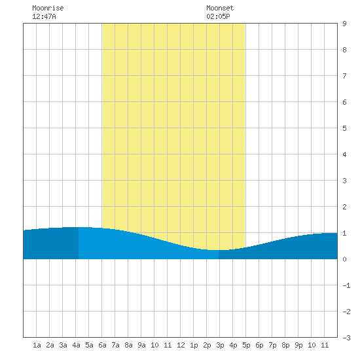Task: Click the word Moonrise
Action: [48, 8]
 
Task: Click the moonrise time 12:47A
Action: [44, 16]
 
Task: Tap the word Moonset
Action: [220, 8]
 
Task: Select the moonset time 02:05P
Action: [218, 16]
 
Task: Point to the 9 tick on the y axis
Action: [344, 24]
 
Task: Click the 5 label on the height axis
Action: [344, 128]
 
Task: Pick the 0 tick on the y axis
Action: [344, 259]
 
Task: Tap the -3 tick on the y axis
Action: [346, 338]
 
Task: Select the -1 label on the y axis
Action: [346, 285]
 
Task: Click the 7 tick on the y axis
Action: [344, 76]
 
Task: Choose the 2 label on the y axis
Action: [344, 207]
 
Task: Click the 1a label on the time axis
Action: [37, 345]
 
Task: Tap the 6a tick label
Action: [102, 345]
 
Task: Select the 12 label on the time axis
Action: [181, 345]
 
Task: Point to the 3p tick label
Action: [220, 345]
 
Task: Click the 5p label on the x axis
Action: [246, 345]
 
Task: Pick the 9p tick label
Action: [298, 345]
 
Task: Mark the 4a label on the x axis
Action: [76, 345]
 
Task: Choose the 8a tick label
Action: [128, 345]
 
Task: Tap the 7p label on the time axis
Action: [272, 345]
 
